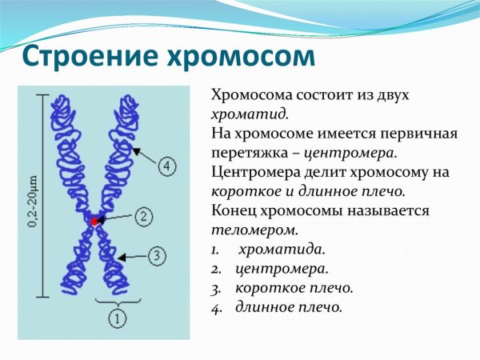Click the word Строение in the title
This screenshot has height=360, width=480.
[86, 57]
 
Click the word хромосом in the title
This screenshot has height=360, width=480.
[240, 57]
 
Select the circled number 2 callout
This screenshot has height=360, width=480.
[142, 216]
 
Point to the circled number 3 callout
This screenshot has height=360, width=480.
[157, 256]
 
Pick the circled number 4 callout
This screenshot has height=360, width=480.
[166, 166]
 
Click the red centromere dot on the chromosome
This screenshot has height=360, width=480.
[94, 220]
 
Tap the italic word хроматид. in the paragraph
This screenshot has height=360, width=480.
[243, 114]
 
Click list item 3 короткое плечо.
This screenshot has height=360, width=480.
[294, 288]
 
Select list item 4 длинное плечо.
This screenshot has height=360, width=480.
[289, 307]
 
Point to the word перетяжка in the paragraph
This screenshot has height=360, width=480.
[248, 153]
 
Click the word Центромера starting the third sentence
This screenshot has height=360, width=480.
[254, 172]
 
